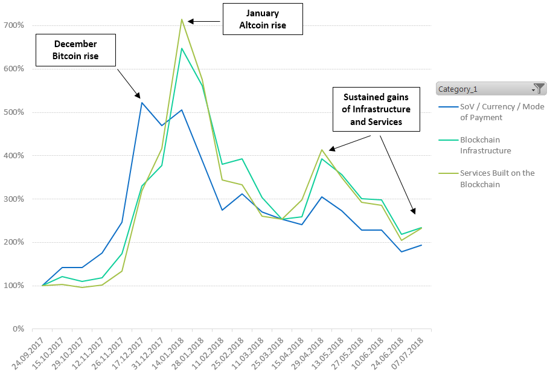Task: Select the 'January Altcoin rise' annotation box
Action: coord(263,19)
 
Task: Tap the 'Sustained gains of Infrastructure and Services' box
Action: coord(377,109)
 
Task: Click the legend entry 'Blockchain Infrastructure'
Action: coord(485,145)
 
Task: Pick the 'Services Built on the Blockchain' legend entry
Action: coord(497,178)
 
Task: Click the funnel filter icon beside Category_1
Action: coord(540,88)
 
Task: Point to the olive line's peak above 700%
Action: coord(182,19)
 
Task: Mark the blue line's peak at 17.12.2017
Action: coord(142,103)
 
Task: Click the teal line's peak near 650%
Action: coord(182,48)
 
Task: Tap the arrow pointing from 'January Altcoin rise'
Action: coord(205,21)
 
